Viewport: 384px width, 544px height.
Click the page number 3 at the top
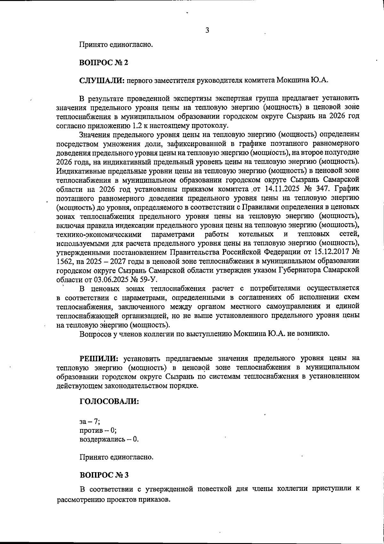(x=207, y=30)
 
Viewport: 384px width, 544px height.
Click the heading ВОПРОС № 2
(x=104, y=63)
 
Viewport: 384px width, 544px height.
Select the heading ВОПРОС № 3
(x=104, y=475)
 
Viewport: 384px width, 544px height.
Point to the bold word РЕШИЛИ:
(x=99, y=358)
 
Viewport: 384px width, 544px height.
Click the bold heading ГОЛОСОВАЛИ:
(x=109, y=401)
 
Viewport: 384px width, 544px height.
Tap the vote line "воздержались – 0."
(x=109, y=439)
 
